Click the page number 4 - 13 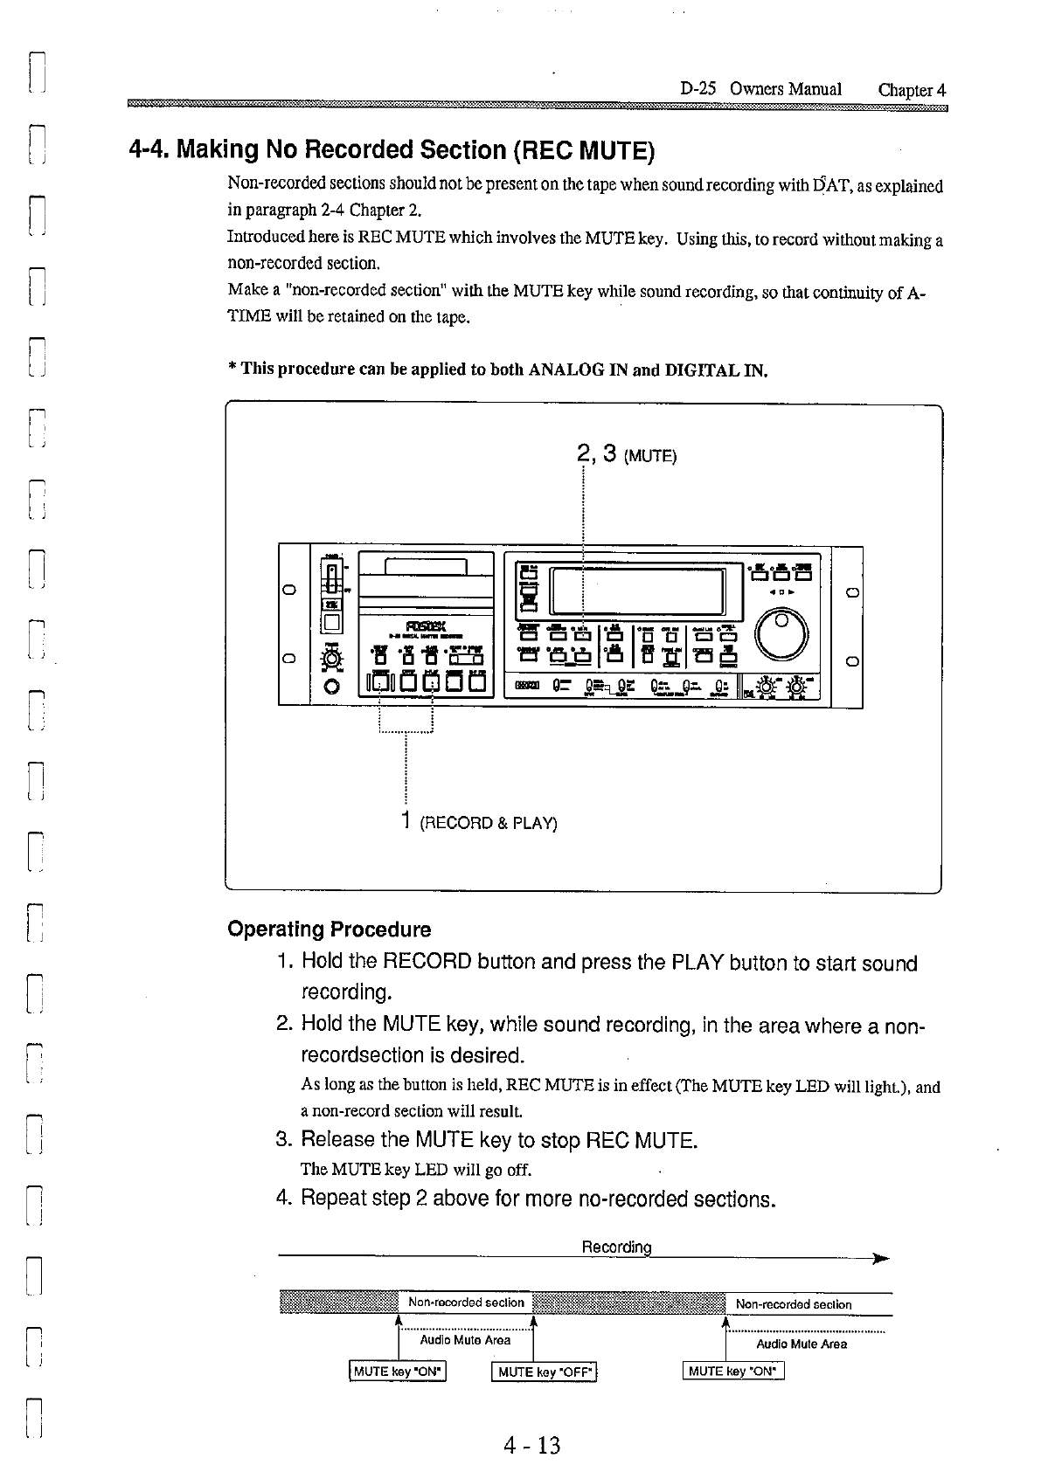tap(531, 1445)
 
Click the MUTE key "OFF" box tap(545, 1372)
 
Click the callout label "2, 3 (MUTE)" tap(627, 454)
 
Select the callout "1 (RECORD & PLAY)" tap(479, 822)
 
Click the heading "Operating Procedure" tap(329, 929)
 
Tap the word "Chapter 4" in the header tap(912, 90)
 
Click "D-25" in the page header tap(698, 89)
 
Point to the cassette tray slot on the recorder tap(427, 569)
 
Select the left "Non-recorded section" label tap(466, 1303)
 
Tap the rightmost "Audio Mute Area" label tap(801, 1344)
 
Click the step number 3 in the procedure tap(282, 1140)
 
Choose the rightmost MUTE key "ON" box tap(733, 1371)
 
